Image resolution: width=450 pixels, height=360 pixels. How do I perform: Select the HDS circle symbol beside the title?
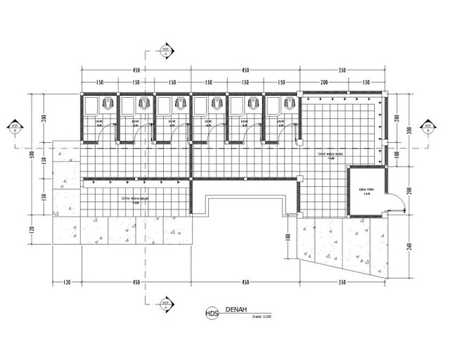[211, 313]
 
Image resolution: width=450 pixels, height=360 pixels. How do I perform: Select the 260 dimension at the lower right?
[409, 247]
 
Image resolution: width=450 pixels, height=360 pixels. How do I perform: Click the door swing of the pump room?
[398, 202]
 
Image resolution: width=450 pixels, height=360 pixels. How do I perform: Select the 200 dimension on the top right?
[325, 82]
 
